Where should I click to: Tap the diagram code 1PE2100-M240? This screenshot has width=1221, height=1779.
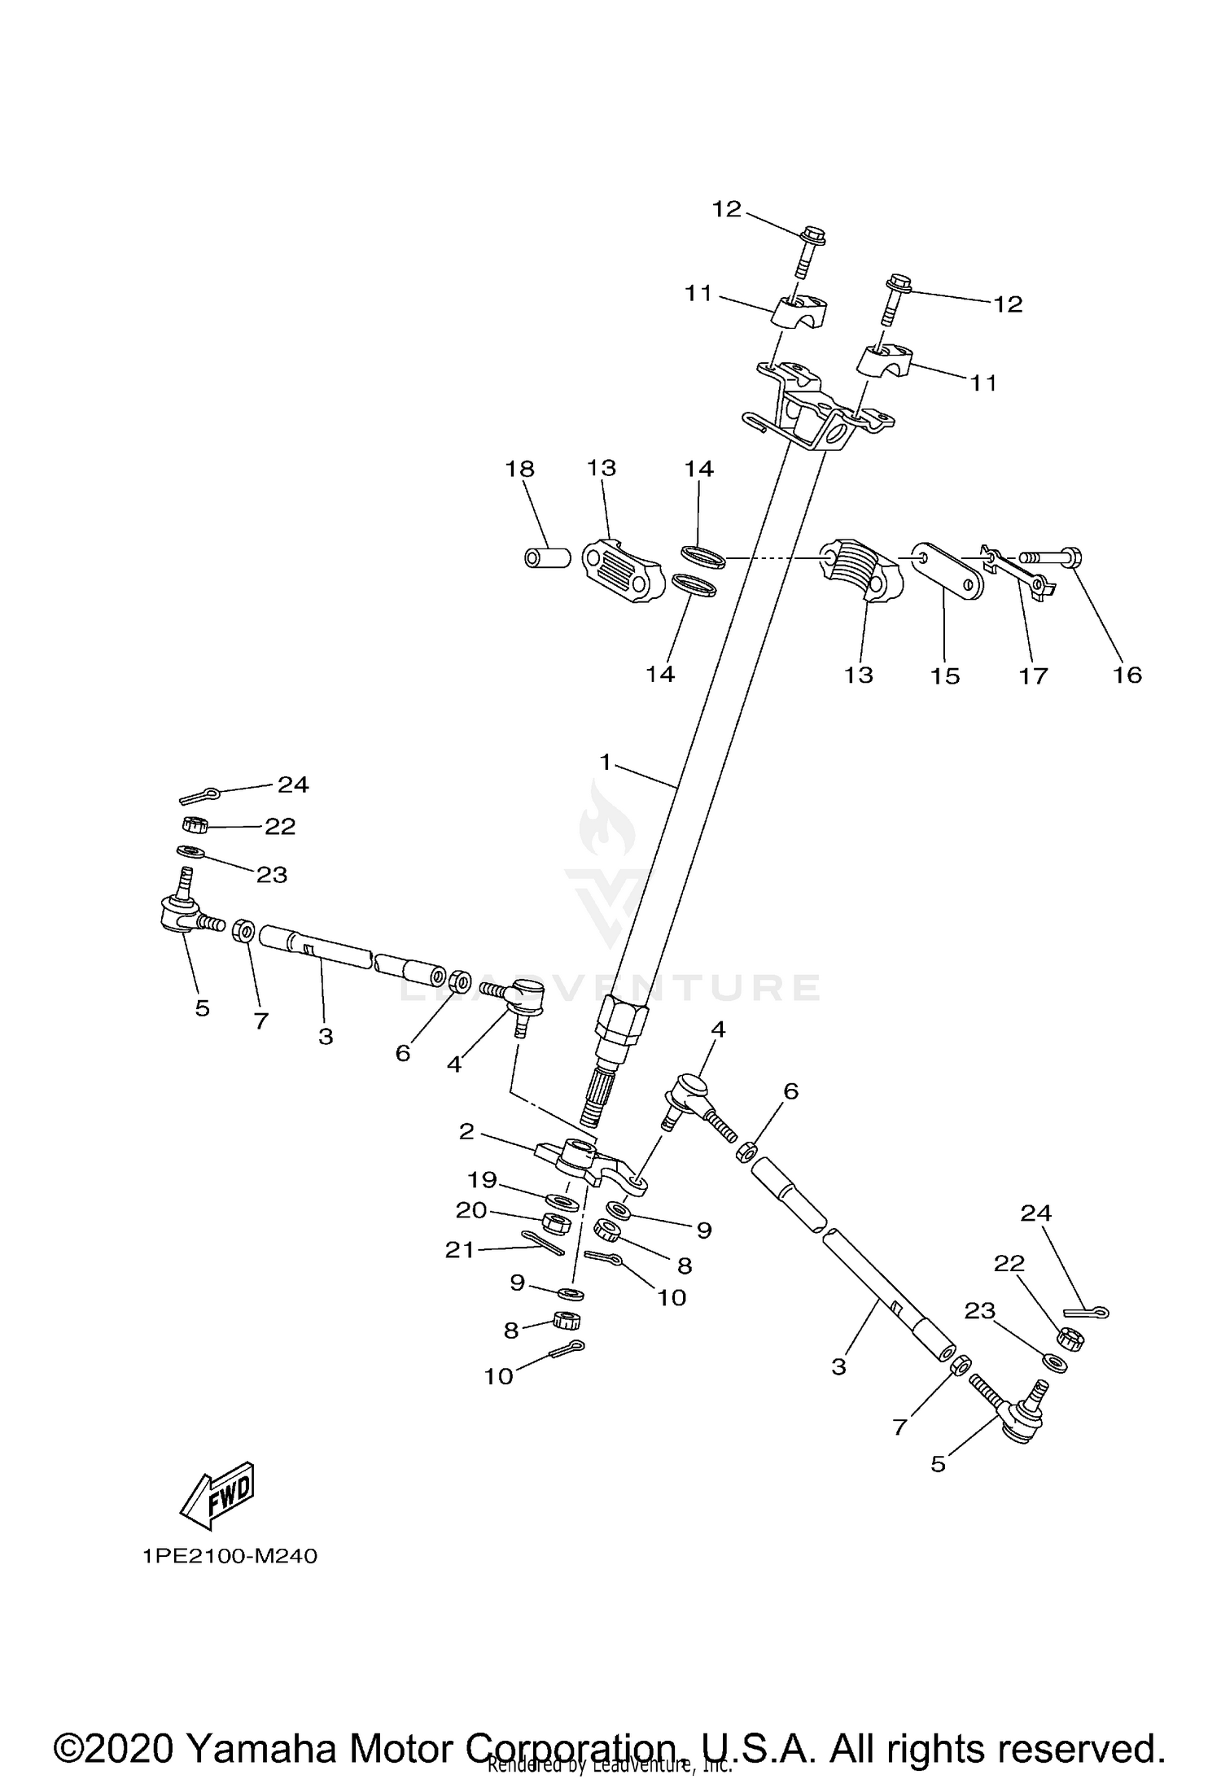point(230,1556)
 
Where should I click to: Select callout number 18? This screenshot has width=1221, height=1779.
point(519,469)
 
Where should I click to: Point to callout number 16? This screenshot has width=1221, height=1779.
point(1127,675)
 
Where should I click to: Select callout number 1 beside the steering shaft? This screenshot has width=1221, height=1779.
point(605,762)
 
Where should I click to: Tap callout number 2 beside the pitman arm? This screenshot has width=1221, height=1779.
point(466,1132)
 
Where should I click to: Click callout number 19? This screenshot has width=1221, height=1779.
point(481,1179)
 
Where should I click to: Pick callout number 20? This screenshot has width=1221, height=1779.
point(471,1211)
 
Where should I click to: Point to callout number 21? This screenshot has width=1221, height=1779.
point(460,1249)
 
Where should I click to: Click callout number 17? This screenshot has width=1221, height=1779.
point(1034,675)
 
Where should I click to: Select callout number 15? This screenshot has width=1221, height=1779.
point(945,675)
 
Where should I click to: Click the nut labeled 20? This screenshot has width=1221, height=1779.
point(556,1222)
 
